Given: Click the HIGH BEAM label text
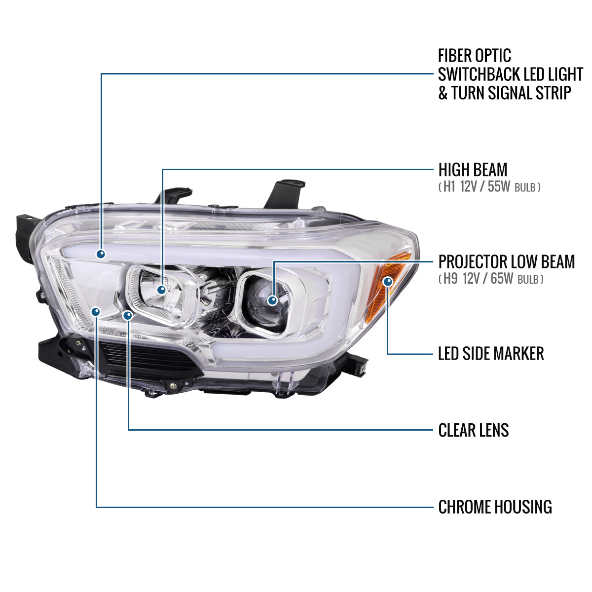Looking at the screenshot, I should [473, 170].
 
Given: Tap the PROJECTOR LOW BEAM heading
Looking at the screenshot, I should [506, 261].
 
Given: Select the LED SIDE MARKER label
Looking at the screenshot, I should [491, 353].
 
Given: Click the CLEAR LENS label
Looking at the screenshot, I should [473, 430].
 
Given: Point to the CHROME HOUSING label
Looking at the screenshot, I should [495, 507].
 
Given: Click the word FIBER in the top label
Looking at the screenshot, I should [455, 55].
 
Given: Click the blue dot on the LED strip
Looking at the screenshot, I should [101, 254].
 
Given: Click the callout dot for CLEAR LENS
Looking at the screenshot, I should [128, 315].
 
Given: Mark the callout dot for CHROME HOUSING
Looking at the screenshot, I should [96, 311].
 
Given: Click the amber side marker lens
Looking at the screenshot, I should [390, 291].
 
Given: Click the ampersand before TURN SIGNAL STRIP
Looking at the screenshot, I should [443, 93].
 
